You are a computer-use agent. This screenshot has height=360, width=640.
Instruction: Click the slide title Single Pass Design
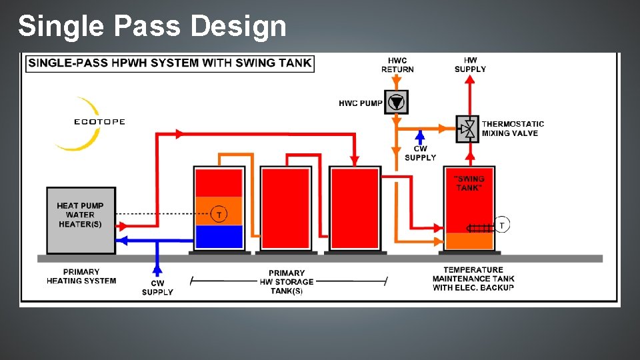pyautogui.click(x=152, y=27)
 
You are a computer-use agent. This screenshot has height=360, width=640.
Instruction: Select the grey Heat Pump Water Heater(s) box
pyautogui.click(x=80, y=220)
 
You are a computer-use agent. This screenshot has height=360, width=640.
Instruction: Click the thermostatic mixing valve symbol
pyautogui.click(x=468, y=129)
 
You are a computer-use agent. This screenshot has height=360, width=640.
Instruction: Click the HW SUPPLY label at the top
pyautogui.click(x=470, y=65)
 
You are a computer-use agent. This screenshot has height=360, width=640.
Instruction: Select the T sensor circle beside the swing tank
pyautogui.click(x=501, y=225)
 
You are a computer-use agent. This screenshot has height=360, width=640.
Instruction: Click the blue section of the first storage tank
pyautogui.click(x=219, y=237)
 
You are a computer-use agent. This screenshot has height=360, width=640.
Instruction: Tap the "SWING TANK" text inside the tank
pyautogui.click(x=470, y=183)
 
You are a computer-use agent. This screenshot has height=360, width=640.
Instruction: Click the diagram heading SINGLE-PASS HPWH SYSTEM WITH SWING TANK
pyautogui.click(x=169, y=63)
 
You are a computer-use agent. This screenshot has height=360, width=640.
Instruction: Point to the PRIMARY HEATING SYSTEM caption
pyautogui.click(x=81, y=277)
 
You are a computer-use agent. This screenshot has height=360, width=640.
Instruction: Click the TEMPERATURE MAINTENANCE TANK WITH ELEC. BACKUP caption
pyautogui.click(x=473, y=279)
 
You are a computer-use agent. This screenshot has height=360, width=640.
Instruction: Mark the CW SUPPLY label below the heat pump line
pyautogui.click(x=157, y=288)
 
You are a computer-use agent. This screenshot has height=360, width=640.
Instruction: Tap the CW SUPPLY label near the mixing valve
pyautogui.click(x=420, y=153)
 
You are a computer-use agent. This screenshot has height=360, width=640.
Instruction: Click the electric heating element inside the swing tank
pyautogui.click(x=480, y=228)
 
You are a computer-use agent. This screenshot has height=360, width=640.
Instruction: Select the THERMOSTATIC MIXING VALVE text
pyautogui.click(x=513, y=129)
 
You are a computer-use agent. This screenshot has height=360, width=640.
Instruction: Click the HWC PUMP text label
pyautogui.click(x=360, y=103)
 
